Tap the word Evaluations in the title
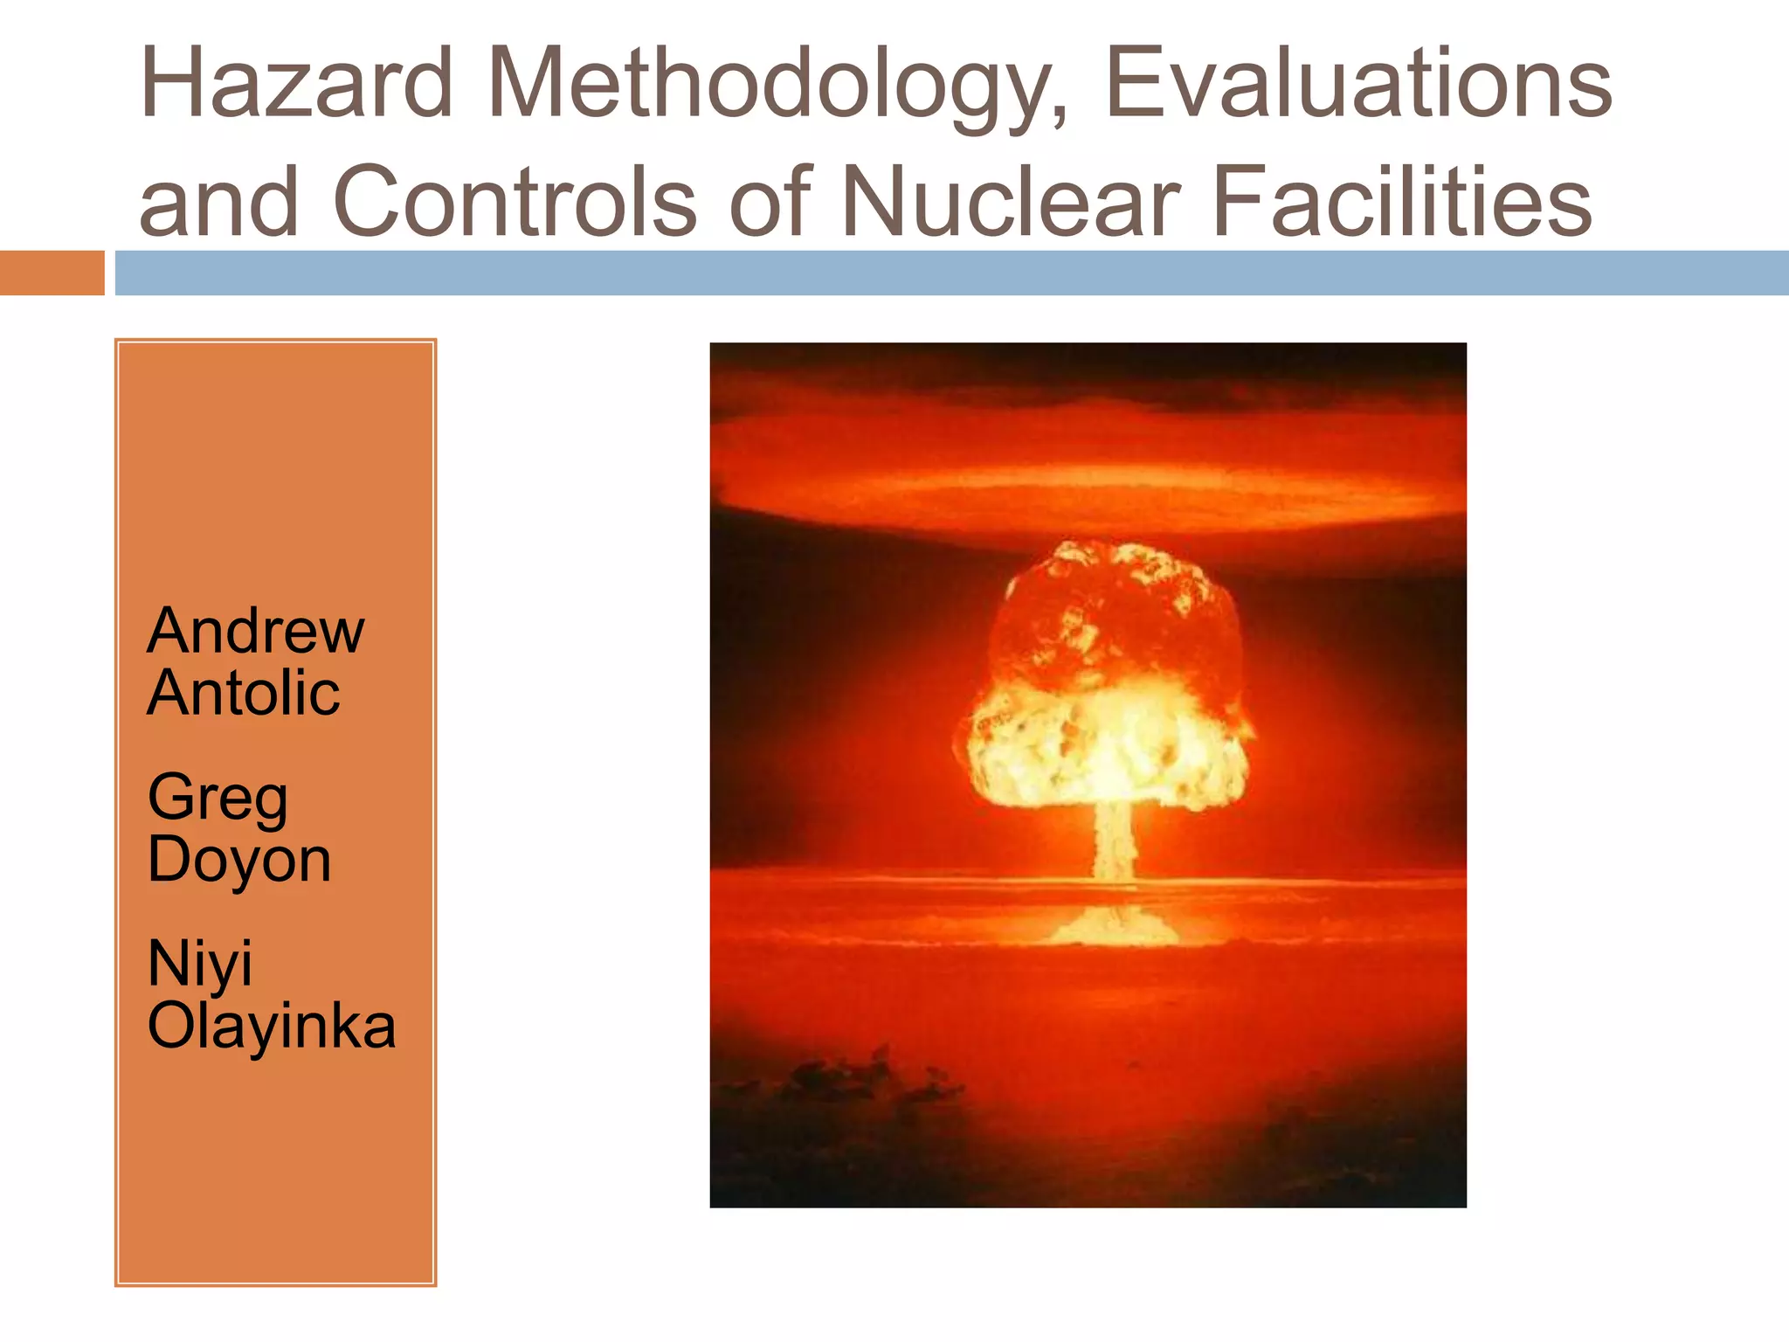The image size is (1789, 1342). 1358,84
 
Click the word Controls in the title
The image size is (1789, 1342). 515,203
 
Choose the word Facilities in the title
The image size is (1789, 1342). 1402,203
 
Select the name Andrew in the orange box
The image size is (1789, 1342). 255,631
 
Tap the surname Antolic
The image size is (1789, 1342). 243,694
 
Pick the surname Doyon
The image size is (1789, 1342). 239,860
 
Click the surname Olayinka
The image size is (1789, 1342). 271,1026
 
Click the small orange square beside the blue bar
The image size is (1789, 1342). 52,273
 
